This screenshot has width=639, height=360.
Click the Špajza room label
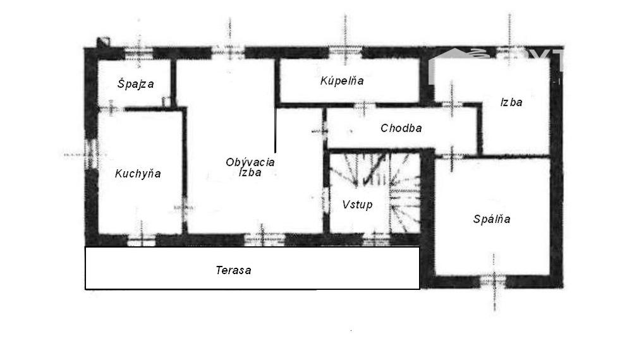coord(136,84)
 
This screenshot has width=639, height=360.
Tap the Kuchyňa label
coord(138,174)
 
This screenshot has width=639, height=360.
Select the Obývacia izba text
coord(250,167)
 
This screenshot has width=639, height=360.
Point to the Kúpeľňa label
coord(342,81)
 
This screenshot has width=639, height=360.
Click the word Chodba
coord(401,128)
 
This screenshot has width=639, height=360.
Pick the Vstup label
coord(357,205)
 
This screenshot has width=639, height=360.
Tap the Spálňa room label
coord(492,219)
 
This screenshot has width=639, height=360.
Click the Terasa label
coord(233,270)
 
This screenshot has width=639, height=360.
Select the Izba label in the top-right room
coord(511,102)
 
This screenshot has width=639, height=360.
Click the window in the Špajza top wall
coord(138,53)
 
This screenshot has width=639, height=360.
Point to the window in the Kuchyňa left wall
coord(91,154)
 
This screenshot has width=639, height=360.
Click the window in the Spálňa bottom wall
coord(494,282)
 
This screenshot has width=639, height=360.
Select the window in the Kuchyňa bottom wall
coord(142,240)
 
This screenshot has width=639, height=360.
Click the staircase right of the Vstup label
coord(405,193)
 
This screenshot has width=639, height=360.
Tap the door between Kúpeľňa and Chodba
coord(364,106)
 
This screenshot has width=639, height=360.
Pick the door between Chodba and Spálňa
coord(451,155)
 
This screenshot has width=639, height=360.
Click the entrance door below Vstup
coord(376,239)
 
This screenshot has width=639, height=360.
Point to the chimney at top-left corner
coord(103,42)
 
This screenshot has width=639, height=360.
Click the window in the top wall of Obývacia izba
coord(229,52)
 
